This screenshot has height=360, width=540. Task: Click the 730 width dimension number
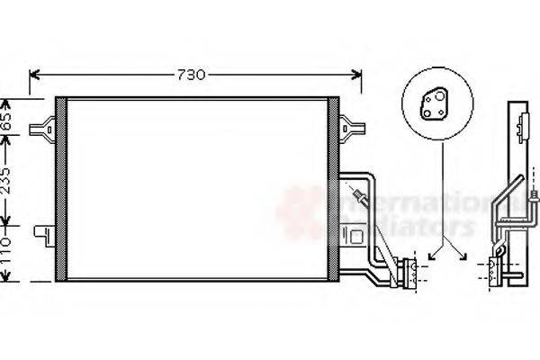(196, 74)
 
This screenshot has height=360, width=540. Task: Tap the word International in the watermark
(405, 200)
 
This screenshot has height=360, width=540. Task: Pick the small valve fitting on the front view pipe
(361, 195)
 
